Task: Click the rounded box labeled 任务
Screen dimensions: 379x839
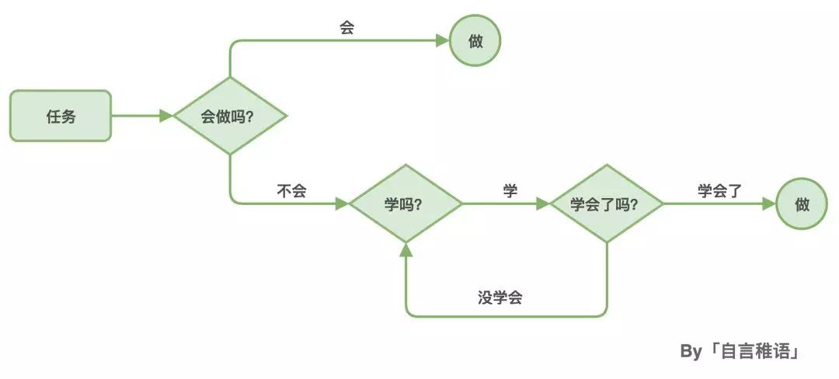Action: pos(61,116)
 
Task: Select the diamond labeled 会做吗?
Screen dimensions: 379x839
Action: pos(230,116)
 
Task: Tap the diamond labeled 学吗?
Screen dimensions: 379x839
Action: pos(405,204)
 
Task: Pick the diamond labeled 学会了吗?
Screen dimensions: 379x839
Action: pos(606,204)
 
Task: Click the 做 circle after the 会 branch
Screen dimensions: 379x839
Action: pos(475,41)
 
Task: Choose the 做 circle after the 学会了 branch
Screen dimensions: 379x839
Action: pos(802,204)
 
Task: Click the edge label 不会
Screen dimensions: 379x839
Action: pos(291,191)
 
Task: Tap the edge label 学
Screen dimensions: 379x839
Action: pos(510,191)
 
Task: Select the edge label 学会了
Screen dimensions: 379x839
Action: pos(720,191)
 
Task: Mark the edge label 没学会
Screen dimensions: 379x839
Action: pos(500,297)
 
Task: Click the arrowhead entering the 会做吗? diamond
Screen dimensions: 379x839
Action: pos(165,116)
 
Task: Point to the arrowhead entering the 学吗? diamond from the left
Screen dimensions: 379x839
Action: pos(341,204)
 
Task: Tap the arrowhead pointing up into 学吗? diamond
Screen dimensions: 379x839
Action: pos(405,249)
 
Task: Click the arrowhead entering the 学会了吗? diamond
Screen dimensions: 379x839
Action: pos(542,204)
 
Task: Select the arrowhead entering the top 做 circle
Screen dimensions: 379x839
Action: pos(442,41)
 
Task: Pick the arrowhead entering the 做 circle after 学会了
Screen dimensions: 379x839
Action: pos(769,204)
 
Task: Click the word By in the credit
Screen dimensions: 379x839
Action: pos(691,352)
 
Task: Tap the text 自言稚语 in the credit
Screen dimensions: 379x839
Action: pos(754,352)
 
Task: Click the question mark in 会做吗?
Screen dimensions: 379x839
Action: pos(254,117)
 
